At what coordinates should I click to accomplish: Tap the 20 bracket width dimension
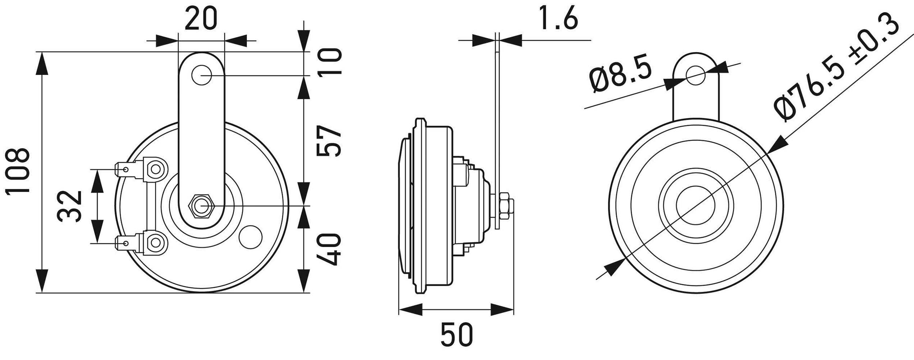point(201,18)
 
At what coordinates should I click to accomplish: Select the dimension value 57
point(329,141)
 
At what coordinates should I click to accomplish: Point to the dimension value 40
point(329,250)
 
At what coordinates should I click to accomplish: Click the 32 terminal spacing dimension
point(70,206)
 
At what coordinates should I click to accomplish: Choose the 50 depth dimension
point(457,334)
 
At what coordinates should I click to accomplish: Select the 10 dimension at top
point(330,62)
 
